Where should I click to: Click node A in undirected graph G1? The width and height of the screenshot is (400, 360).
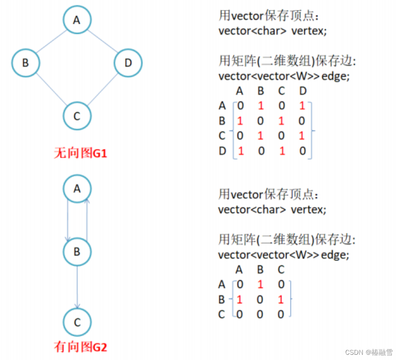(x=77, y=20)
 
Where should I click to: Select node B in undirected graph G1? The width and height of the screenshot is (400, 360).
(x=26, y=63)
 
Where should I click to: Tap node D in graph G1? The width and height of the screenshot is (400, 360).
(x=128, y=63)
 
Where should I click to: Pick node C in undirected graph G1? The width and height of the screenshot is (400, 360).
(x=77, y=115)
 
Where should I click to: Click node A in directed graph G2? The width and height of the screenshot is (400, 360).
(x=77, y=189)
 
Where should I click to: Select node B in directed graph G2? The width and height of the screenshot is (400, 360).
(x=77, y=251)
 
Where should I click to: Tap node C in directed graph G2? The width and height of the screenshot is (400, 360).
(x=77, y=322)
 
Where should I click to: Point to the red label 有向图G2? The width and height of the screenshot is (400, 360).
(x=80, y=347)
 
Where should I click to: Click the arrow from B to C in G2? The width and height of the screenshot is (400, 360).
(x=77, y=286)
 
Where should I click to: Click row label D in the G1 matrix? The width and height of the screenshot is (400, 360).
(x=222, y=151)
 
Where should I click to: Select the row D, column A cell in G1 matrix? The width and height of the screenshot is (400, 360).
(x=240, y=151)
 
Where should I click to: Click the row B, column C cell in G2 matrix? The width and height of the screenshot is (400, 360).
(x=281, y=300)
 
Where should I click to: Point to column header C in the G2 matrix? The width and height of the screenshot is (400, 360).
(x=281, y=270)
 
